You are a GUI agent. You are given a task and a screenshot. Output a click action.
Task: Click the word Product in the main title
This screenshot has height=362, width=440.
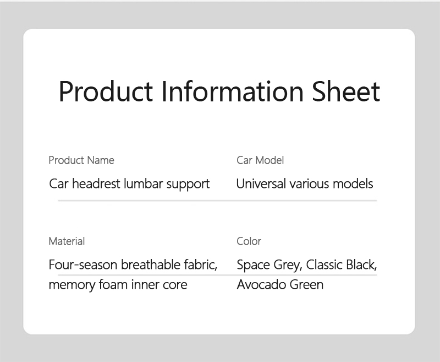tap(106, 91)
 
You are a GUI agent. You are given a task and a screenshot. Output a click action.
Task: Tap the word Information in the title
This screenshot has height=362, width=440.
tap(233, 91)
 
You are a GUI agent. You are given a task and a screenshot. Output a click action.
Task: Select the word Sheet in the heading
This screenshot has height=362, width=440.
tap(346, 91)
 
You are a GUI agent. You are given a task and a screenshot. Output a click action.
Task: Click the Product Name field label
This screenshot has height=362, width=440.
tap(81, 160)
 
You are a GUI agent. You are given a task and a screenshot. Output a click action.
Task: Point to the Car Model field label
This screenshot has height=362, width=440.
tap(260, 160)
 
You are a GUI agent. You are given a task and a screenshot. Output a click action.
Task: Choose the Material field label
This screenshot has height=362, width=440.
tap(67, 241)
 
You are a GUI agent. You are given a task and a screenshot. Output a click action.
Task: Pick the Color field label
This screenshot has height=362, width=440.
tap(249, 241)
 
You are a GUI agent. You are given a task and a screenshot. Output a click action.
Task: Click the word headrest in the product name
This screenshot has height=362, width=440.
tap(96, 184)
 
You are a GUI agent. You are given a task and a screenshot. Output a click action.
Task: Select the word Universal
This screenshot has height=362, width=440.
tap(261, 184)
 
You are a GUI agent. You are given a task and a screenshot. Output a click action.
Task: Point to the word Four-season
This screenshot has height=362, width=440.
tap(83, 265)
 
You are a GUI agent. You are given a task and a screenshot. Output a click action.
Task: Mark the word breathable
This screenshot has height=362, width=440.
tap(151, 265)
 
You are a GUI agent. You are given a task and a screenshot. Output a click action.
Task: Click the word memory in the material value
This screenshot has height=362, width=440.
tap(72, 285)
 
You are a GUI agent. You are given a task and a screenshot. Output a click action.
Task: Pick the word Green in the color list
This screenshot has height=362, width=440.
tap(306, 284)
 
